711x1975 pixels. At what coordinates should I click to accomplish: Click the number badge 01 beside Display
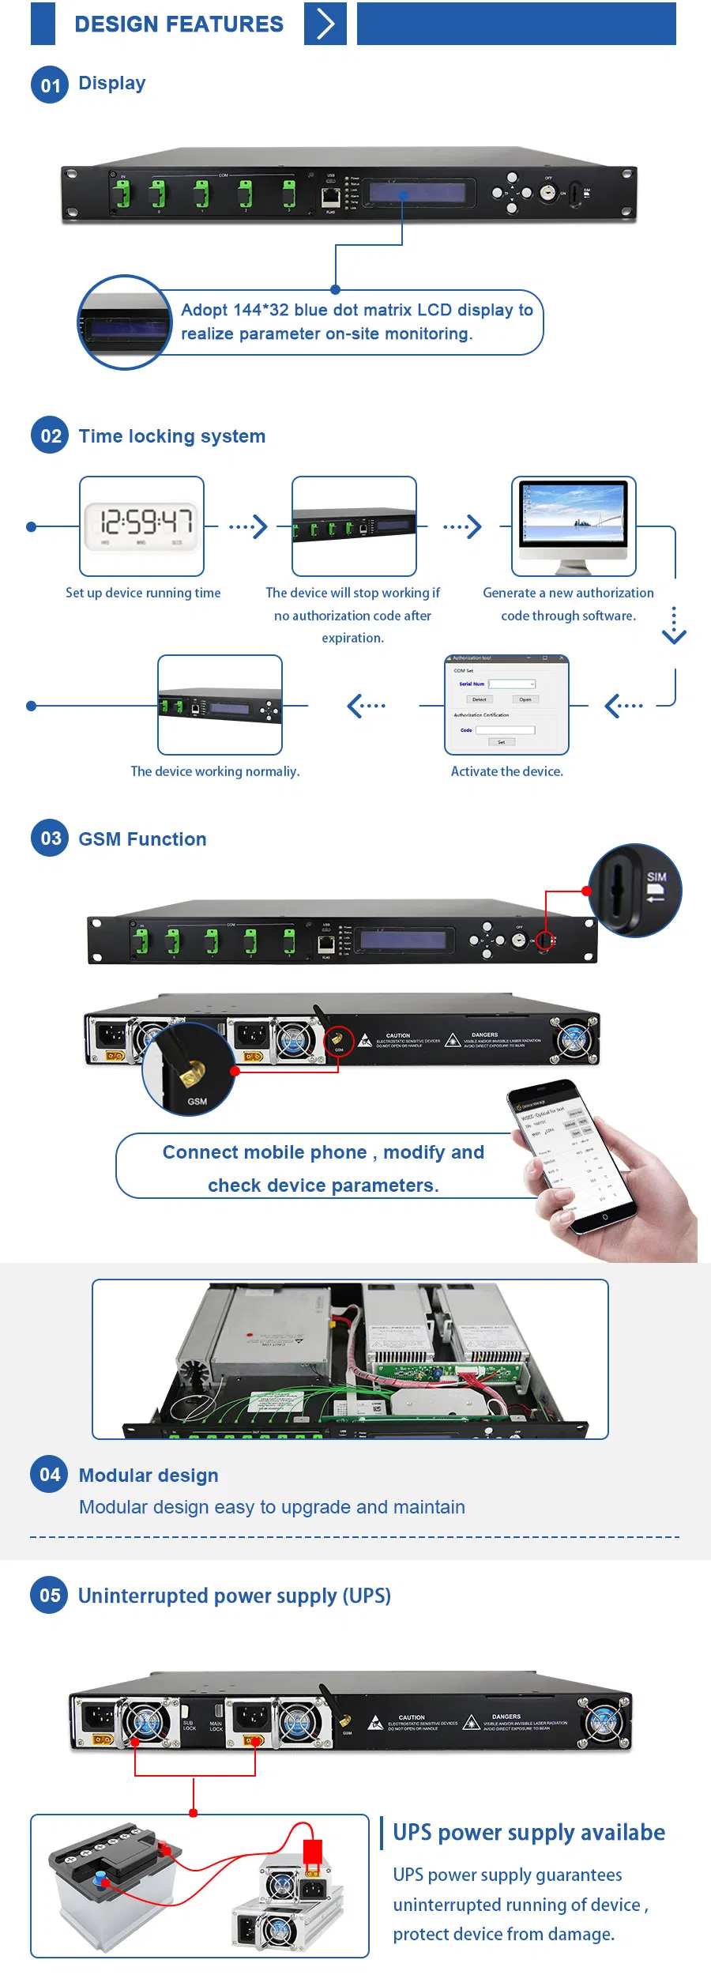tap(50, 85)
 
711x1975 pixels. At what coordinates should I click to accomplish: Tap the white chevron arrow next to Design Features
tap(325, 24)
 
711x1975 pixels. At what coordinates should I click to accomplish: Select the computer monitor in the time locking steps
tap(573, 524)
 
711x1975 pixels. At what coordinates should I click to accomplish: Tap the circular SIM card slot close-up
tap(634, 890)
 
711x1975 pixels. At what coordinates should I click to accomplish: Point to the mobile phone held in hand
tap(577, 1154)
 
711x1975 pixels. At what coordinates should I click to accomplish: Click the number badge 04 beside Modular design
tap(50, 1475)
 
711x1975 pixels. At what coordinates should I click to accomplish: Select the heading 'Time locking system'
tap(172, 436)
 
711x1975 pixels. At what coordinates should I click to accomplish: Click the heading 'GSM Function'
tap(142, 839)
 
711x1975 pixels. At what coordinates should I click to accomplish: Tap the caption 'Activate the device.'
tap(506, 771)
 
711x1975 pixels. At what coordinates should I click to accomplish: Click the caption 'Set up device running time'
tap(143, 593)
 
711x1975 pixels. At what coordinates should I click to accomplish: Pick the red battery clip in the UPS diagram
tap(313, 1852)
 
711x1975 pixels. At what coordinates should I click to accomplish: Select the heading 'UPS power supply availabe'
tap(529, 1833)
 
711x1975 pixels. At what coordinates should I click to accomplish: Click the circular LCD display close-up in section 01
tap(124, 322)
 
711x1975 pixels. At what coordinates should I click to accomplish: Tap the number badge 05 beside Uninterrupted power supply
tap(50, 1596)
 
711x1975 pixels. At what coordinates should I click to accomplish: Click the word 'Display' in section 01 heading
tap(112, 83)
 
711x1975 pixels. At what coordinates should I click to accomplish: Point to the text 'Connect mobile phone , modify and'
tap(323, 1152)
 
